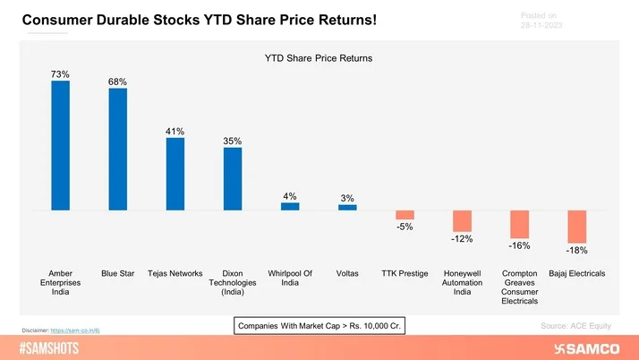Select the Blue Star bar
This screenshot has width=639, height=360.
tap(117, 149)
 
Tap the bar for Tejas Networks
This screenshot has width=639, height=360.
tap(175, 174)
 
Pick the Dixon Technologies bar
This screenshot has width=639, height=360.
tap(233, 179)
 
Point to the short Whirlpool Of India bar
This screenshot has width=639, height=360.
tap(290, 206)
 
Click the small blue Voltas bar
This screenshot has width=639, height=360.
tap(347, 207)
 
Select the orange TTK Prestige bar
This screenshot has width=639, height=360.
tap(405, 215)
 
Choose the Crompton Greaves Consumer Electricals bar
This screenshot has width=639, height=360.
tap(519, 225)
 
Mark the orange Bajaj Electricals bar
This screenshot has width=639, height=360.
tap(576, 227)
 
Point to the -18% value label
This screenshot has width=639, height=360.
tap(576, 251)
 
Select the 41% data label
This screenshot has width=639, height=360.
tap(175, 132)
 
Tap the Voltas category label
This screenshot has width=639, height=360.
tap(347, 273)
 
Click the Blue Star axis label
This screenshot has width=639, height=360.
tap(117, 273)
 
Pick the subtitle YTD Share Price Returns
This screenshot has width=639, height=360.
tap(319, 58)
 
